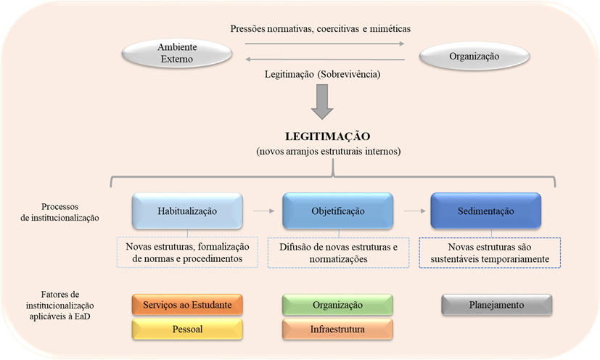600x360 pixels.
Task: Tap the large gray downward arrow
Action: (x=321, y=102)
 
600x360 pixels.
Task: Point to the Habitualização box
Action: (x=186, y=210)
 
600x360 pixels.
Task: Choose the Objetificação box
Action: (x=337, y=210)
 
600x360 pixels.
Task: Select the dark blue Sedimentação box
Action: (x=485, y=210)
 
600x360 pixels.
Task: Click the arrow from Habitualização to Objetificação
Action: (x=262, y=211)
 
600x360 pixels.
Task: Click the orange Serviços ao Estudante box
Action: (x=187, y=305)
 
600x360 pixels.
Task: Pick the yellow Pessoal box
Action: (x=187, y=330)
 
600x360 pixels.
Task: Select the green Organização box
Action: (x=337, y=305)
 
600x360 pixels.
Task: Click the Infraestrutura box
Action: (x=337, y=330)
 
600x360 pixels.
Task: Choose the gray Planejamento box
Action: (x=497, y=305)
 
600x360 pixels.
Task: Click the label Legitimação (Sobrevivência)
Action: (x=321, y=74)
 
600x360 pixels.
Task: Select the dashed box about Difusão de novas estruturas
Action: (x=339, y=253)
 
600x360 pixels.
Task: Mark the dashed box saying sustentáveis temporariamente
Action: (x=491, y=253)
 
